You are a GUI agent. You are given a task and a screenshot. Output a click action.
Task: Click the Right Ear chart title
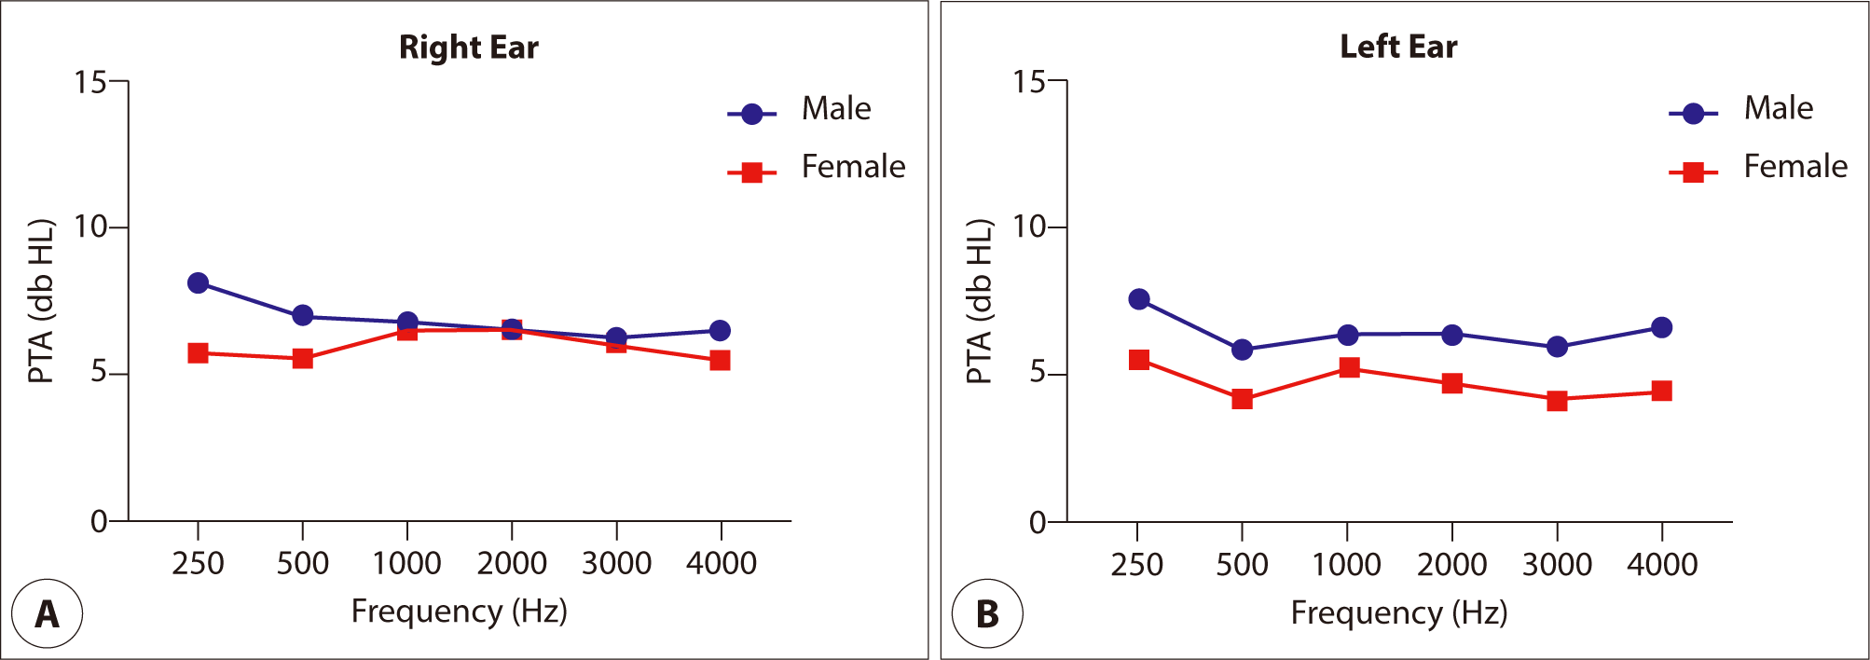(x=468, y=48)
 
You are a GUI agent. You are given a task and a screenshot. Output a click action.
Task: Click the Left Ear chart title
(x=1398, y=47)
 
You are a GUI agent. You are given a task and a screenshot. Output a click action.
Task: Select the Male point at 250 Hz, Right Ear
(x=198, y=282)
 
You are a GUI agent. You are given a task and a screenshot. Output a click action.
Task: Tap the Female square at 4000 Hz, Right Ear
(x=720, y=360)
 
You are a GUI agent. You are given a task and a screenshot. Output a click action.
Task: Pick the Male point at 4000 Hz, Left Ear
(x=1661, y=327)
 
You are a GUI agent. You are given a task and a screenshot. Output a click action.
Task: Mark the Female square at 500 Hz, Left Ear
(x=1242, y=399)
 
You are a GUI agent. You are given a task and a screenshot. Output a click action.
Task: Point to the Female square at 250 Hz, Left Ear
(x=1138, y=360)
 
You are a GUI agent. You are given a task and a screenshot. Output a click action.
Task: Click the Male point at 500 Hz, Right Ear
(x=302, y=315)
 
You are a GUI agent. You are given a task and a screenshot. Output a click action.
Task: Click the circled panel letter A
(x=47, y=614)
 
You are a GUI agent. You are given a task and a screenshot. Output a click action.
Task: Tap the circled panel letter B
(x=986, y=614)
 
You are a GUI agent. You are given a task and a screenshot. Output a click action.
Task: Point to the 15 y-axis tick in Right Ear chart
(x=90, y=82)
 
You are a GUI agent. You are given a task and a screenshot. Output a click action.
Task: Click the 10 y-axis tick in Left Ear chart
(x=1029, y=227)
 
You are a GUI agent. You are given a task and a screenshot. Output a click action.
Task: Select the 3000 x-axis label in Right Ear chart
(x=616, y=563)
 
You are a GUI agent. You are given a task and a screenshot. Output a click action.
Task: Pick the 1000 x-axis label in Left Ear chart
(x=1346, y=564)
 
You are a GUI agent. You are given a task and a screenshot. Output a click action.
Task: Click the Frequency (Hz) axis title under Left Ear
(x=1398, y=612)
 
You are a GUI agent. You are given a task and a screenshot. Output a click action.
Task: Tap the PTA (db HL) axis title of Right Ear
(x=41, y=301)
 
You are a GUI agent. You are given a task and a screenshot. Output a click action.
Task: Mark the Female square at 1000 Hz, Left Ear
(x=1348, y=367)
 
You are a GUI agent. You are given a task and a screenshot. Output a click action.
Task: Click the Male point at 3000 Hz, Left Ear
(x=1556, y=347)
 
